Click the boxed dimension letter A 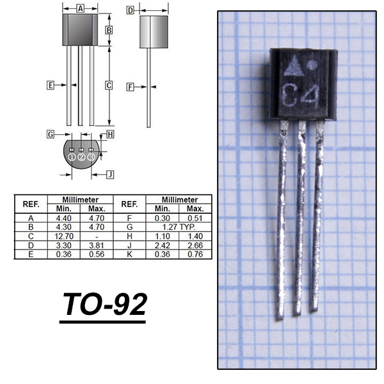click(80, 8)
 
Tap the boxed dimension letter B click(109, 30)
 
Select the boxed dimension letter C click(109, 86)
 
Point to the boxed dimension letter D click(131, 10)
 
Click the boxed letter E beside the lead click(51, 85)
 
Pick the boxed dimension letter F click(130, 87)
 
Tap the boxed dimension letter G click(51, 134)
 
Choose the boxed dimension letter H click(110, 134)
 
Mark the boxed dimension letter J click(110, 175)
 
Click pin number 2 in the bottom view click(81, 157)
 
